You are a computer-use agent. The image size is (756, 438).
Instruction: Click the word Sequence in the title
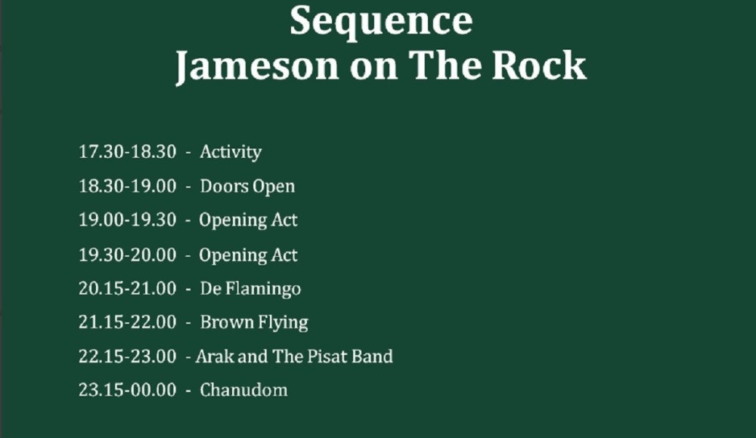pyautogui.click(x=381, y=22)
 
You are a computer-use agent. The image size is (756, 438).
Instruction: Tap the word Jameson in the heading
pyautogui.click(x=257, y=66)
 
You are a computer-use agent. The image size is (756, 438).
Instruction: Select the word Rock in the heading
pyautogui.click(x=538, y=65)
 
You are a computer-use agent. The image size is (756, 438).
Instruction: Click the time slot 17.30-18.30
pyautogui.click(x=127, y=152)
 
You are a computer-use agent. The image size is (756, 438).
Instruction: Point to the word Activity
pyautogui.click(x=231, y=153)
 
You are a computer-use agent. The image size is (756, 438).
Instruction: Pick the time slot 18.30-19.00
pyautogui.click(x=127, y=186)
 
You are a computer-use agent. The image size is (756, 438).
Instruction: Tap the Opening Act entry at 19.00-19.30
pyautogui.click(x=248, y=221)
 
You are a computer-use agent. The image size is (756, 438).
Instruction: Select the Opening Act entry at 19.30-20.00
pyautogui.click(x=248, y=255)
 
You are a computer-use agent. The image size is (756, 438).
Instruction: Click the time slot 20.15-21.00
pyautogui.click(x=127, y=288)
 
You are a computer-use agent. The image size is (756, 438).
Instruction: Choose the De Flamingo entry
pyautogui.click(x=250, y=289)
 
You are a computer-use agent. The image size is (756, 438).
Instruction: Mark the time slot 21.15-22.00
pyautogui.click(x=127, y=322)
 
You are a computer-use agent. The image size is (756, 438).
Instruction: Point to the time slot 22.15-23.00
pyautogui.click(x=127, y=356)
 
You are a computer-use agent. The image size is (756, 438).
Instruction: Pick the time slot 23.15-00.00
pyautogui.click(x=127, y=390)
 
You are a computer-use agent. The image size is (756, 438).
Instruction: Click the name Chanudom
pyautogui.click(x=243, y=390)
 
